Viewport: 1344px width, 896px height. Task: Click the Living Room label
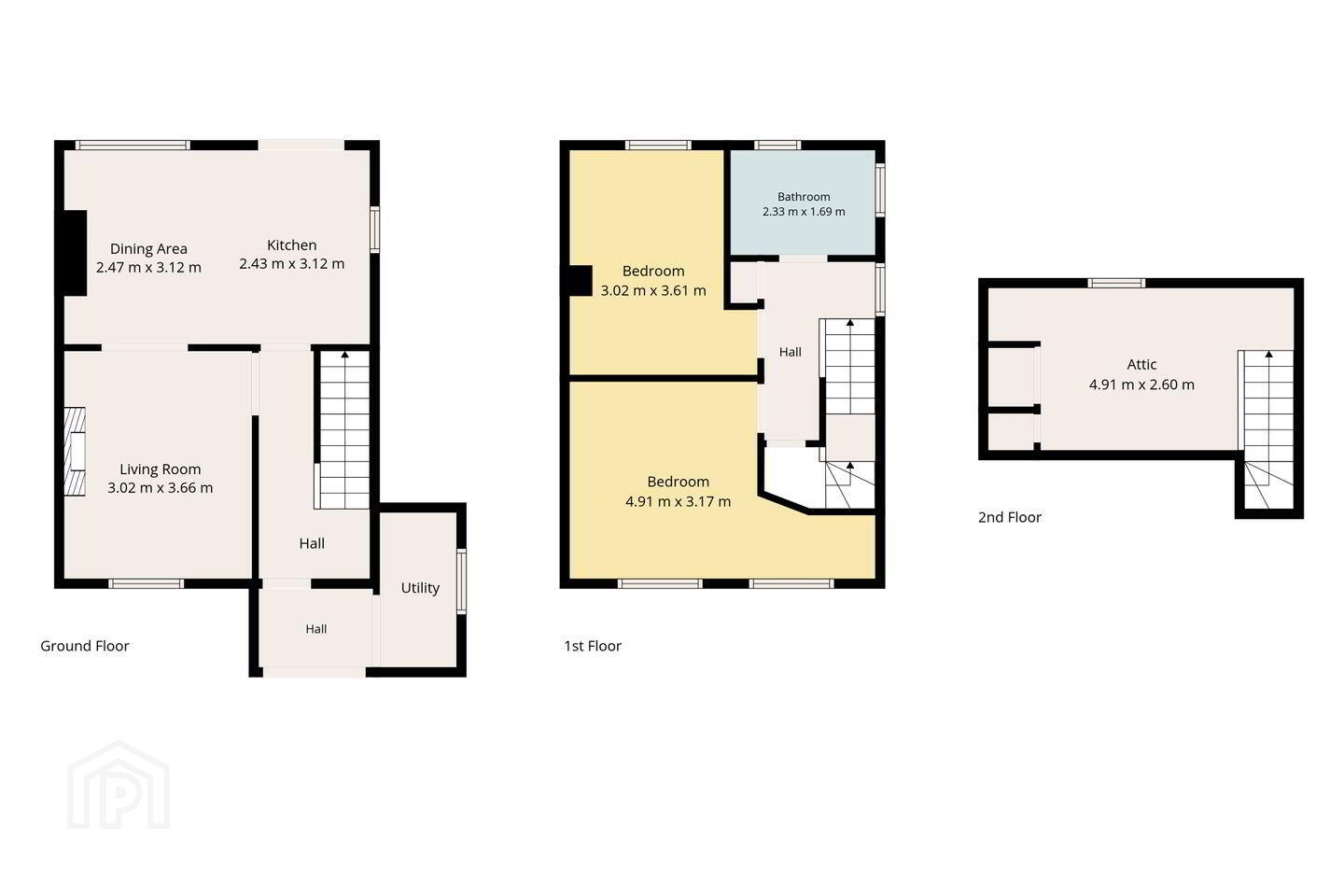[161, 469]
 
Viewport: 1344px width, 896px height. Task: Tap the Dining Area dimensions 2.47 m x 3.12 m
[148, 268]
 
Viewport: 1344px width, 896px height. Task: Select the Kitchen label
[291, 245]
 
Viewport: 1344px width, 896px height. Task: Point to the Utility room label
[420, 588]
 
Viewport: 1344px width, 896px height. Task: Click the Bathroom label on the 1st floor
[804, 197]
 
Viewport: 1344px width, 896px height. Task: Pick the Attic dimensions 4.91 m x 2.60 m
[1141, 385]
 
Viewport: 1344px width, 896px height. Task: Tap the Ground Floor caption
[85, 646]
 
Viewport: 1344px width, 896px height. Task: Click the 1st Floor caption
[593, 646]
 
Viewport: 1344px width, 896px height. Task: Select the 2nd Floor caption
[1010, 517]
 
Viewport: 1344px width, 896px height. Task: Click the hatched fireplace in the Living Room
[75, 452]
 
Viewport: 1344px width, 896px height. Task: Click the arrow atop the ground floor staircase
[345, 356]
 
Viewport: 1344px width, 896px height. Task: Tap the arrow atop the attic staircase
[1269, 354]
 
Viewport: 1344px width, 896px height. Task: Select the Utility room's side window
[461, 581]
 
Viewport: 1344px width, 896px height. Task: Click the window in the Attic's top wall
[1116, 283]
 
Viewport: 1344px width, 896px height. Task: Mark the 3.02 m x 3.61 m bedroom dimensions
[653, 291]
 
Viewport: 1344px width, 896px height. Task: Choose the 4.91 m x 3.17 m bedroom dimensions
[678, 502]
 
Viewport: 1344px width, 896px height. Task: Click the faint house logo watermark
[119, 785]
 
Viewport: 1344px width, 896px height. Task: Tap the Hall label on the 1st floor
[791, 352]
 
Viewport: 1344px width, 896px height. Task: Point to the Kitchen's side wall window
[375, 230]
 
